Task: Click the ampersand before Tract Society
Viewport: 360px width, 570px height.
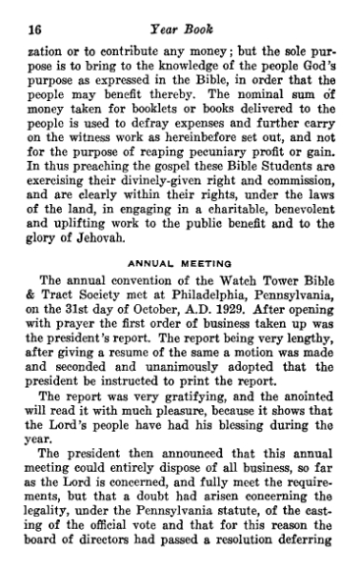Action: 25,302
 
